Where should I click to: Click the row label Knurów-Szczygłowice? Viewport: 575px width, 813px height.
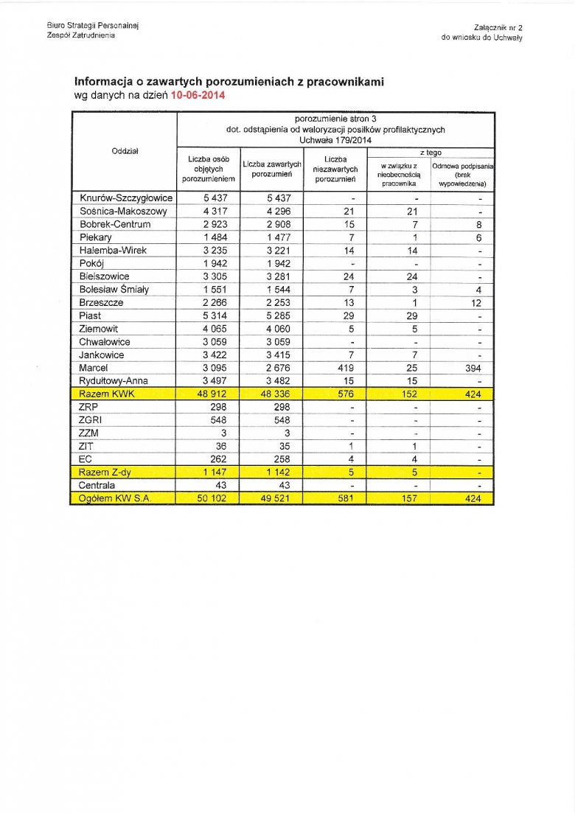click(126, 198)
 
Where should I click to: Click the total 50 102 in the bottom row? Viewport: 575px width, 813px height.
click(208, 499)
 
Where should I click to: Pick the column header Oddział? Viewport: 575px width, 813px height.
click(125, 151)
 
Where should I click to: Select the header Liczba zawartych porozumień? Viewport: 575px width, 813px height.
click(272, 169)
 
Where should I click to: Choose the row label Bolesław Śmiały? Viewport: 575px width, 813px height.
click(114, 290)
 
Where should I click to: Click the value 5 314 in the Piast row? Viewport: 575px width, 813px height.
click(209, 315)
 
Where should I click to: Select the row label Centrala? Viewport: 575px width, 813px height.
click(97, 486)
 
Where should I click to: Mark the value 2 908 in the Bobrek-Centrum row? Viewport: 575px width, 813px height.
click(272, 224)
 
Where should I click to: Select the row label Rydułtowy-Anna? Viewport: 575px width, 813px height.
click(114, 381)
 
